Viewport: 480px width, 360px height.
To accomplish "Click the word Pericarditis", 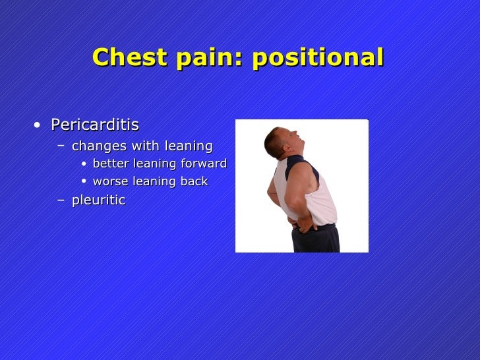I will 95,125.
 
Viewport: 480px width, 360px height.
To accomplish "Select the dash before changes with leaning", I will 61,146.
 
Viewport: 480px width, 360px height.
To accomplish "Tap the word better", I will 111,164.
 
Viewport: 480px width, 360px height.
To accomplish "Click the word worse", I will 111,181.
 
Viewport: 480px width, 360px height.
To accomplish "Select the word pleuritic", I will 98,200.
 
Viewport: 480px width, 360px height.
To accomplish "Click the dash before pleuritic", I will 61,200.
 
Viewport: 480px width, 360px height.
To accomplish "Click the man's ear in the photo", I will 279,140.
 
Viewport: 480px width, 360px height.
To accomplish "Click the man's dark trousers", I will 316,241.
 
